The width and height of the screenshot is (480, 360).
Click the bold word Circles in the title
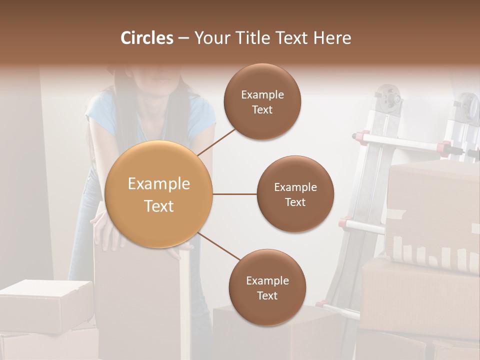(147, 38)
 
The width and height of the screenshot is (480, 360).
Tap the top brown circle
(262, 101)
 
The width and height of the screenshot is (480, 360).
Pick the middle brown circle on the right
(295, 194)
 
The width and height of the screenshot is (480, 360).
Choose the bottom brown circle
(267, 287)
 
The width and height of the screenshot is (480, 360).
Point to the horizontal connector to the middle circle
(234, 194)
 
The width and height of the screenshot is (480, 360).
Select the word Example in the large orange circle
(159, 184)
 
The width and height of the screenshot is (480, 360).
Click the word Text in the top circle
(262, 110)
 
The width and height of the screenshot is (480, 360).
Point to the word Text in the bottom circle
(267, 296)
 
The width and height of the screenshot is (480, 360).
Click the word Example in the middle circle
(295, 187)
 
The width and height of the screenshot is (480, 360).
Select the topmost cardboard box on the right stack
(433, 210)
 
